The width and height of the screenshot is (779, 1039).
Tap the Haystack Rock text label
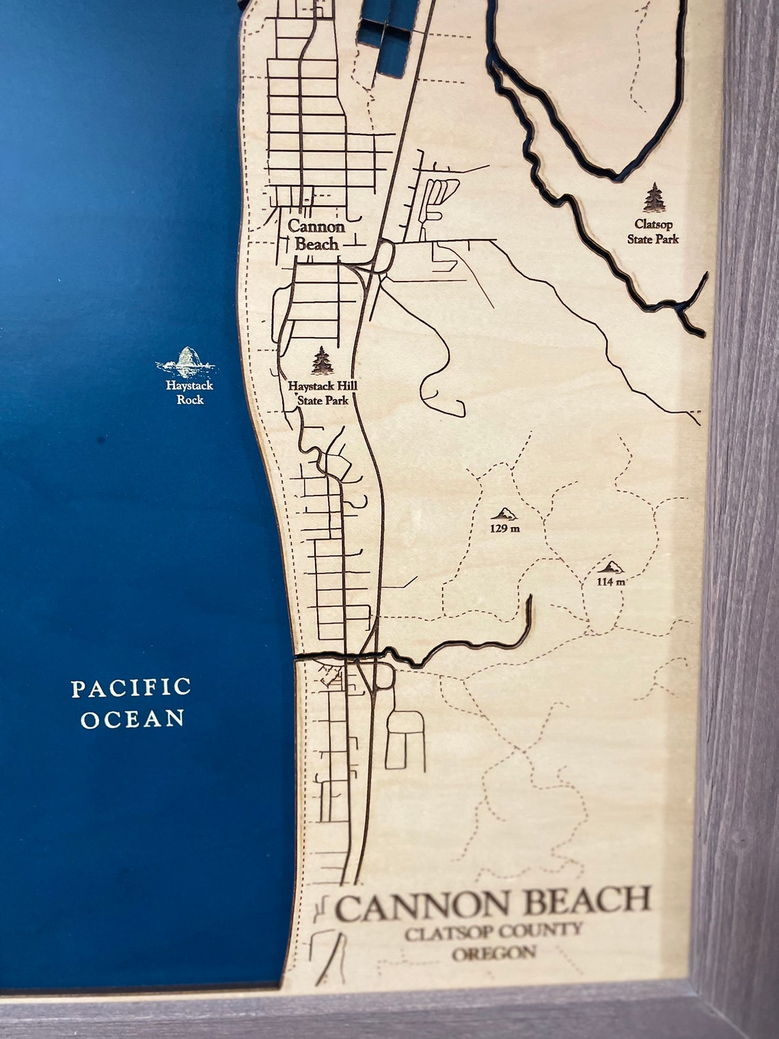(189, 392)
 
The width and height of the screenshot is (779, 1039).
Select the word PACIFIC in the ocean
(131, 688)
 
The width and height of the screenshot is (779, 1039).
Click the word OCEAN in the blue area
(133, 719)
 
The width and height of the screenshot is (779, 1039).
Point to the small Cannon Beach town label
(316, 234)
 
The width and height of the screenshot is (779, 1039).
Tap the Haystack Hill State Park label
(322, 393)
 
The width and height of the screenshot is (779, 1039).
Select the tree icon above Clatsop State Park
(654, 198)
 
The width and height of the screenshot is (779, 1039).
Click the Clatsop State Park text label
(653, 231)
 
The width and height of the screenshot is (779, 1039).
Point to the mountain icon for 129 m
(505, 513)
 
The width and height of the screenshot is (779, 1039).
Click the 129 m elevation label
(505, 528)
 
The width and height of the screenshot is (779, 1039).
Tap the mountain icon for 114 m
(610, 567)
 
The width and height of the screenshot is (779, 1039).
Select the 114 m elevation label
(610, 582)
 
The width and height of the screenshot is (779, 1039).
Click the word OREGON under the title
(493, 953)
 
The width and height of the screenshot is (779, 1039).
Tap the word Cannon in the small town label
(316, 226)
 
